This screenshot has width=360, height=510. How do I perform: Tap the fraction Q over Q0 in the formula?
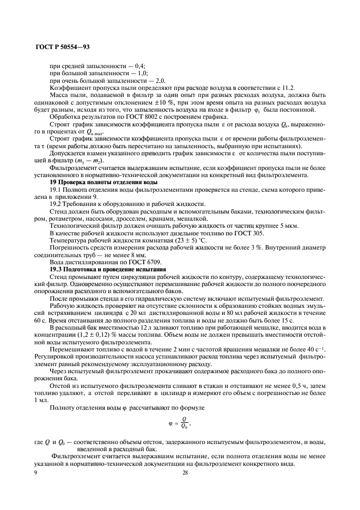click(x=185, y=423)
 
